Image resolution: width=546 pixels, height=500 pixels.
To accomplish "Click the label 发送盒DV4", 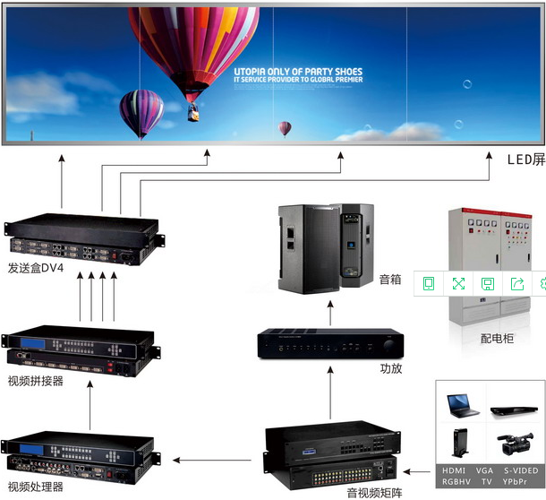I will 35,268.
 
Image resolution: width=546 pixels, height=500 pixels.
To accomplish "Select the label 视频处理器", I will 35,487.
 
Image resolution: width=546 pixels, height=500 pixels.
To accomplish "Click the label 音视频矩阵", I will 374,492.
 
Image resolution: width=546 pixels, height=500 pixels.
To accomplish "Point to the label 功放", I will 392,368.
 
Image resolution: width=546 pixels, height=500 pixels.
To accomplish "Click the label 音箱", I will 390,279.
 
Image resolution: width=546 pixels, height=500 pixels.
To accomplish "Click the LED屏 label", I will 525,160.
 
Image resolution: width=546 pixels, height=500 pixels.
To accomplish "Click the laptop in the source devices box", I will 463,406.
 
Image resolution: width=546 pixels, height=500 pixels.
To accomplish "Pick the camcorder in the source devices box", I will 515,444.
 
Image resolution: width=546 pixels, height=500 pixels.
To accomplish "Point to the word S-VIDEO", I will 520,470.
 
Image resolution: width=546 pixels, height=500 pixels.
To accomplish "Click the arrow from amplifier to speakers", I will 328,313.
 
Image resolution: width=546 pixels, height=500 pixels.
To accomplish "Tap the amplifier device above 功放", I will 328,344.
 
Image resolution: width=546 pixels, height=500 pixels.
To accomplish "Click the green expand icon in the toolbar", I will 458,283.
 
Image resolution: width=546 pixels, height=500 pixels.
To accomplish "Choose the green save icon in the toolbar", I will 488,283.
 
